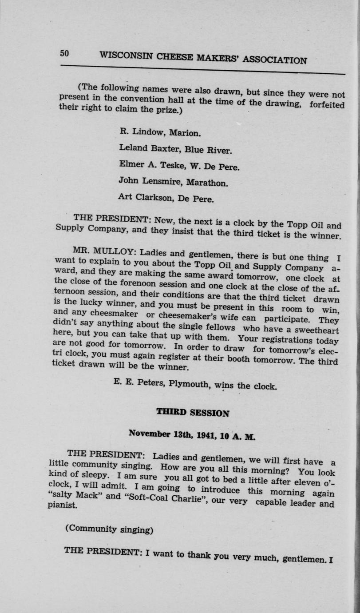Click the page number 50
tap(64, 53)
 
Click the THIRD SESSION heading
tap(193, 412)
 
